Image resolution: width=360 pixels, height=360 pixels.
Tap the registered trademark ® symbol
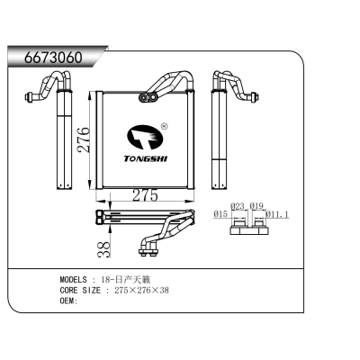(x=163, y=127)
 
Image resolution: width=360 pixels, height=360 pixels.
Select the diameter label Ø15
(x=219, y=213)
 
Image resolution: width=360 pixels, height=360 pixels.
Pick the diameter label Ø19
(x=256, y=205)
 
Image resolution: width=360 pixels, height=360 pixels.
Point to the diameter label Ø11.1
(x=279, y=214)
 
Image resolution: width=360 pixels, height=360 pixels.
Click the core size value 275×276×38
(x=142, y=290)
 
